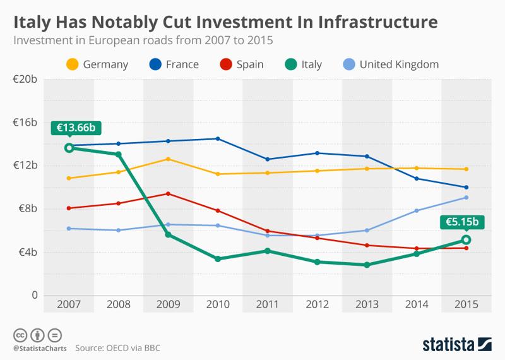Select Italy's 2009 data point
pyautogui.click(x=168, y=235)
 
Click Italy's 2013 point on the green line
pyautogui.click(x=367, y=265)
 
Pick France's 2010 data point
pyautogui.click(x=218, y=139)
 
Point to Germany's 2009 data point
pyautogui.click(x=168, y=159)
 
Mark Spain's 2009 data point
pyautogui.click(x=168, y=194)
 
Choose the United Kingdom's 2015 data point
pyautogui.click(x=466, y=198)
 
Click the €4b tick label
pyautogui.click(x=27, y=252)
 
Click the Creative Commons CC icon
pyautogui.click(x=20, y=335)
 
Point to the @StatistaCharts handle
pyautogui.click(x=39, y=347)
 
